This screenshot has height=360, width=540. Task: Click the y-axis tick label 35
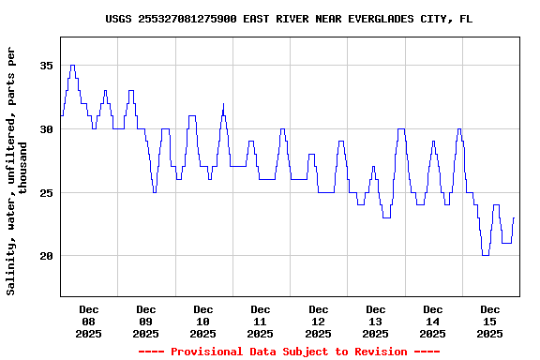coord(46,66)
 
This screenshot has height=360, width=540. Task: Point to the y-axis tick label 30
coord(46,129)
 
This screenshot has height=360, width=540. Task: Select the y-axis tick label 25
coord(46,192)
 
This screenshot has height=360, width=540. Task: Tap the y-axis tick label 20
coord(46,256)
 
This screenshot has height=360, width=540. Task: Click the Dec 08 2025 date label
coord(89,321)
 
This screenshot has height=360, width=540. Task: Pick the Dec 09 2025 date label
coord(146,321)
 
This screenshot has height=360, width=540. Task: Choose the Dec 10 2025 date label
coord(203,321)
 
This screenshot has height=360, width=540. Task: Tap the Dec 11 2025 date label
coord(261,321)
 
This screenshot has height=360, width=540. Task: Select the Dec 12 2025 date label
coord(319,321)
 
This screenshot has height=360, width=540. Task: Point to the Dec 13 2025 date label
coord(376,321)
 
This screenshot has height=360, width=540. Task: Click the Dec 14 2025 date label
coord(433,321)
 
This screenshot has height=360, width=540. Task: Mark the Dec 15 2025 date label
coord(490,321)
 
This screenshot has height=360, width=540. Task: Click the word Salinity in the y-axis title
coord(11,267)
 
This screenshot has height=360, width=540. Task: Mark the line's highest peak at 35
coord(72,66)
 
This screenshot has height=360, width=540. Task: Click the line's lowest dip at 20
coord(485,255)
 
